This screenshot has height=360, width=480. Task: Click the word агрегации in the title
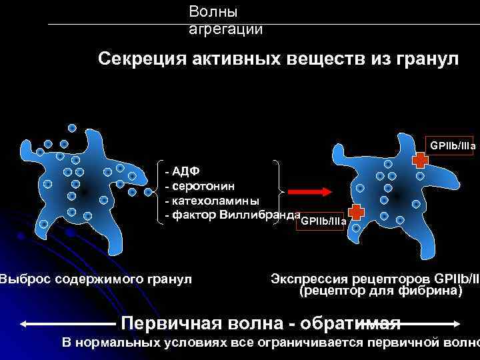(225, 29)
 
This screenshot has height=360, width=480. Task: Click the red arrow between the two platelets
(311, 192)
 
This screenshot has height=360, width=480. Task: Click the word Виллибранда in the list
(260, 215)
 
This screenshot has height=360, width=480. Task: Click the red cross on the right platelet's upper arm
(421, 160)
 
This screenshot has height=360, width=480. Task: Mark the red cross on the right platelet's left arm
(357, 212)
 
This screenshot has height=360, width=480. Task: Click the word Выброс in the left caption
(25, 278)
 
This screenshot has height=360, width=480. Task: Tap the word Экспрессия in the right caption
(313, 278)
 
